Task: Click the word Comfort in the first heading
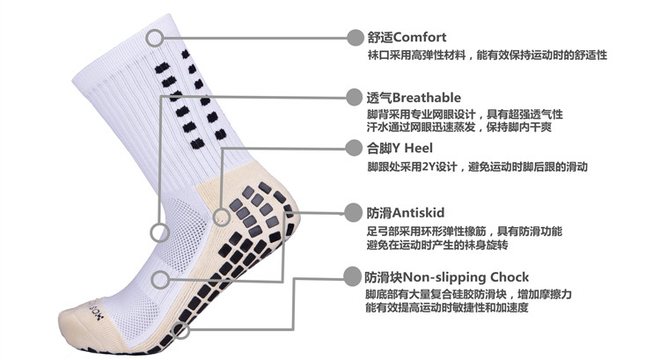click(x=420, y=37)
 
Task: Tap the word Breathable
click(x=426, y=98)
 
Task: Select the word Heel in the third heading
click(x=418, y=148)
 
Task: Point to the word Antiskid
click(x=418, y=213)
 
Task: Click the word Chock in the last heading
click(x=510, y=277)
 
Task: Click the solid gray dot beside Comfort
click(x=355, y=38)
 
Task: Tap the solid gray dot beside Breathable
click(x=354, y=98)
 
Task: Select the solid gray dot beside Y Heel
click(x=354, y=148)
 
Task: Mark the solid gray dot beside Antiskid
click(x=353, y=213)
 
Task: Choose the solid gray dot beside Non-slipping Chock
click(x=352, y=277)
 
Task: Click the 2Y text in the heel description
click(x=428, y=167)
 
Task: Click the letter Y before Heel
click(x=397, y=148)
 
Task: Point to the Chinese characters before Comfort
click(x=380, y=38)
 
